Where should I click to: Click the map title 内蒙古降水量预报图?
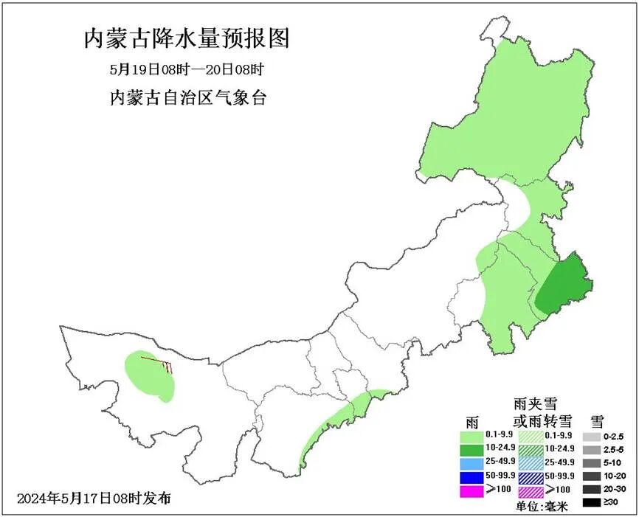click(x=186, y=38)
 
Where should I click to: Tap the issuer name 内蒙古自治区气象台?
click(x=187, y=98)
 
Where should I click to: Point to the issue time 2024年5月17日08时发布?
click(x=94, y=498)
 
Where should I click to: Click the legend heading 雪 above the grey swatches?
click(x=597, y=421)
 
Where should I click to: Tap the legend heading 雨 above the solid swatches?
click(x=473, y=421)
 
